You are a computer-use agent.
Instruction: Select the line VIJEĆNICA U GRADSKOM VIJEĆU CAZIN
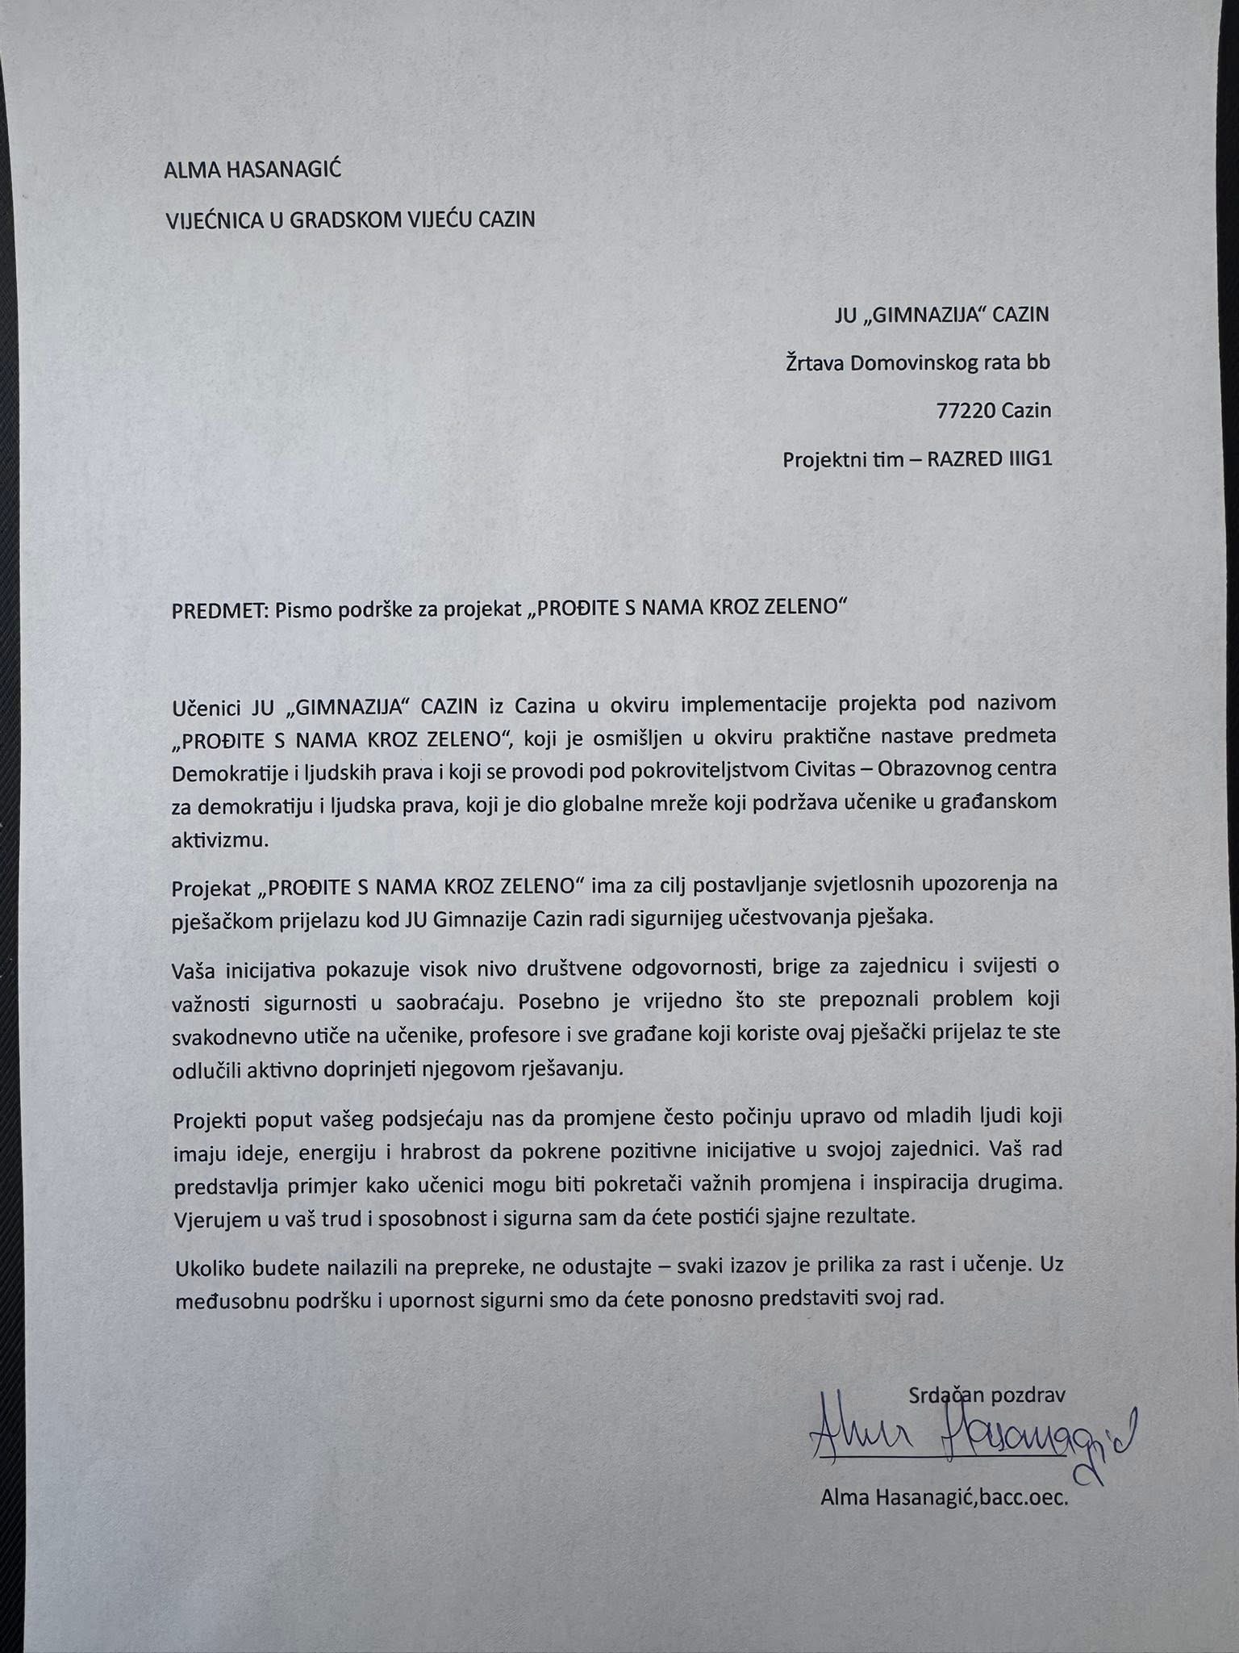349,220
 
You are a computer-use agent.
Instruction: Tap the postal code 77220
966,411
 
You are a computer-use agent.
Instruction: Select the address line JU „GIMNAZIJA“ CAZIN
941,314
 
